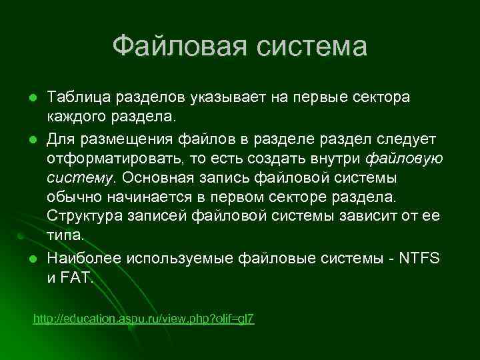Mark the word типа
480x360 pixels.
click(65, 237)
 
